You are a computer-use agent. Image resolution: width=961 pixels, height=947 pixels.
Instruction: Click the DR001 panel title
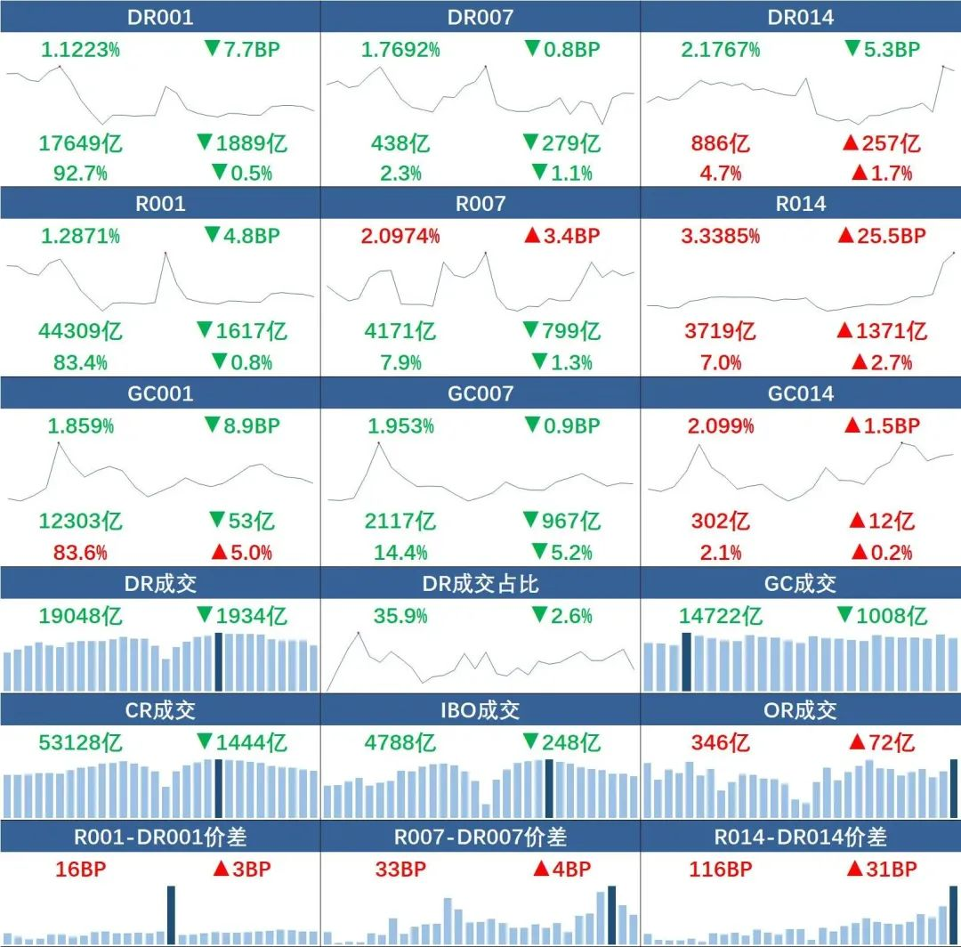(160, 17)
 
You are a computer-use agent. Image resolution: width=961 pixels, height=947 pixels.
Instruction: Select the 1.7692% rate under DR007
(400, 50)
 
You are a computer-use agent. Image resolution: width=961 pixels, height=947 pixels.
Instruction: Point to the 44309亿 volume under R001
(80, 331)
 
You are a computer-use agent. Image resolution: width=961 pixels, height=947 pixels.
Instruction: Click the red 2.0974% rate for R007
(400, 237)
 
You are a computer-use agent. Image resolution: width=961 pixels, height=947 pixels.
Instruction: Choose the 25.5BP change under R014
(881, 237)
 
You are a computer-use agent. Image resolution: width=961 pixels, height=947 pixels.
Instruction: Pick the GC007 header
(480, 393)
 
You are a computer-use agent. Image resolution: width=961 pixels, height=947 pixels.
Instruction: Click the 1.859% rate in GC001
(81, 426)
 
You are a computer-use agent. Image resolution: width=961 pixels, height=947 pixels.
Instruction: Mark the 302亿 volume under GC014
(721, 521)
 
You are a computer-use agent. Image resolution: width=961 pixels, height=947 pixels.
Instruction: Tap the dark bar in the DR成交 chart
(219, 661)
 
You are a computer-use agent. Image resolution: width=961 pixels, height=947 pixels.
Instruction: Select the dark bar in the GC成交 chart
(686, 661)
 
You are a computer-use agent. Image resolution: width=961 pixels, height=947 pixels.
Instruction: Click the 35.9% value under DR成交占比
(400, 616)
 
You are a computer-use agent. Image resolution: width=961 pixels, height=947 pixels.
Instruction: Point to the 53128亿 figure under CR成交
(80, 742)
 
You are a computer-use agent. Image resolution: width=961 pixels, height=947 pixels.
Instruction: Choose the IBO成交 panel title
(480, 710)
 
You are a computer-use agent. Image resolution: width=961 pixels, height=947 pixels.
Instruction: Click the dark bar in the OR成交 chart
(955, 789)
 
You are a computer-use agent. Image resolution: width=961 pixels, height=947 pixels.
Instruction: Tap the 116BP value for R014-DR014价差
(721, 870)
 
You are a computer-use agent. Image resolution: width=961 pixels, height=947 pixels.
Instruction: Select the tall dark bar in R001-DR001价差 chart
(171, 915)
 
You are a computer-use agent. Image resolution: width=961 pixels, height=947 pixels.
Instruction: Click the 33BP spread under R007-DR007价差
(400, 870)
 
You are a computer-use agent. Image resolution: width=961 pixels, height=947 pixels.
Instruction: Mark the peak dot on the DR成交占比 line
(359, 633)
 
